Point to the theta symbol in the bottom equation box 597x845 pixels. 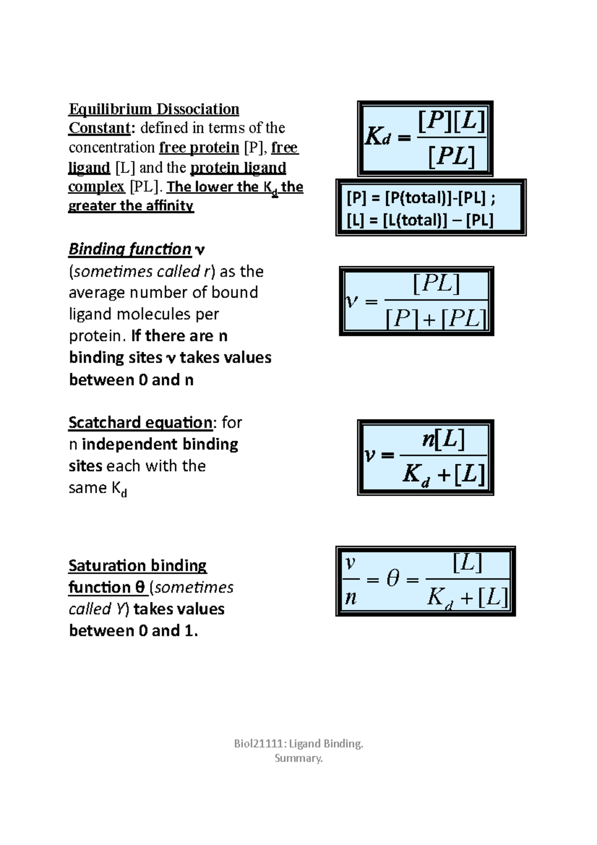pyautogui.click(x=393, y=579)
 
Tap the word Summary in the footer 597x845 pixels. pyautogui.click(x=298, y=758)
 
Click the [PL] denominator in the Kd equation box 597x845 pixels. pyautogui.click(x=451, y=157)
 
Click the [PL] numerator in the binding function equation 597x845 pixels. pyautogui.click(x=436, y=284)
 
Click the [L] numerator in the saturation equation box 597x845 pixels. pyautogui.click(x=467, y=563)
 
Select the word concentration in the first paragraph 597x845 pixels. pyautogui.click(x=112, y=148)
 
